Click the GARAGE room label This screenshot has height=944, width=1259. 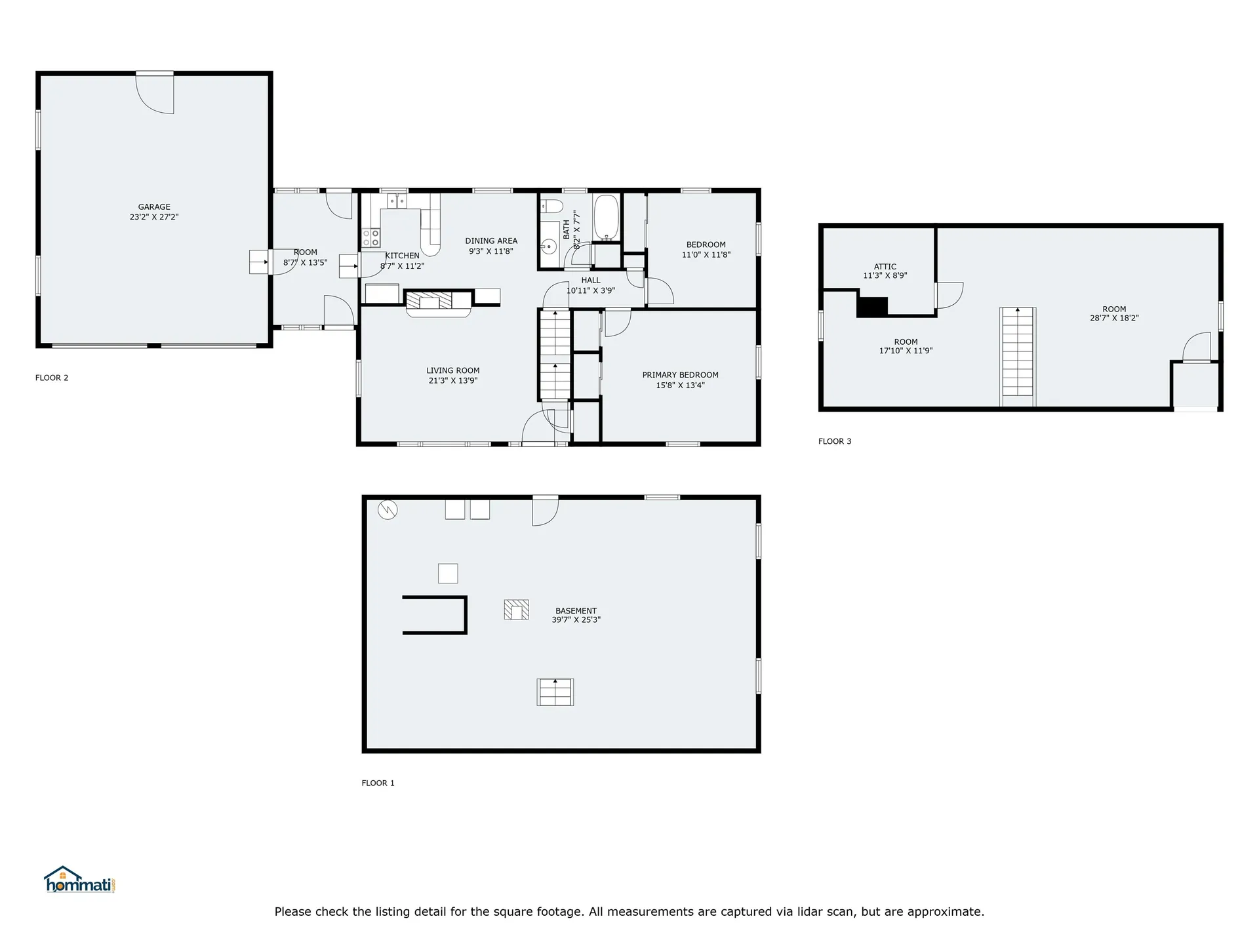point(154,206)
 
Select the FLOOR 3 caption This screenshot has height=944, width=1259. point(835,441)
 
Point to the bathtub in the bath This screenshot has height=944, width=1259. point(607,217)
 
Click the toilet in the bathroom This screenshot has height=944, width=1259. point(552,207)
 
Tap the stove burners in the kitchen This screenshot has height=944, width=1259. point(372,237)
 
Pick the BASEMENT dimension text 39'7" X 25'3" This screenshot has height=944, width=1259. point(576,619)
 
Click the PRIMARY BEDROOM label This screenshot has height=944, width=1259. point(680,375)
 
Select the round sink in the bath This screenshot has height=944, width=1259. point(550,247)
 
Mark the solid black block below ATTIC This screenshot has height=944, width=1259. point(872,307)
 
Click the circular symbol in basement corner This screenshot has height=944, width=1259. point(388,510)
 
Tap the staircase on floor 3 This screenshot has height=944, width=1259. point(1017,357)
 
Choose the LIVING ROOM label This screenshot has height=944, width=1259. point(452,370)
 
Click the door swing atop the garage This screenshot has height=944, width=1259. point(155,92)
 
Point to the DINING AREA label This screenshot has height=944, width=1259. point(491,241)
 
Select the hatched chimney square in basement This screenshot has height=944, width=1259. point(516,610)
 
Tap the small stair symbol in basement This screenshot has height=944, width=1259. point(555,692)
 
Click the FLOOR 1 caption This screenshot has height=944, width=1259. point(378,783)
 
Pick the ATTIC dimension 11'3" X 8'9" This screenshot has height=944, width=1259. point(885,276)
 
